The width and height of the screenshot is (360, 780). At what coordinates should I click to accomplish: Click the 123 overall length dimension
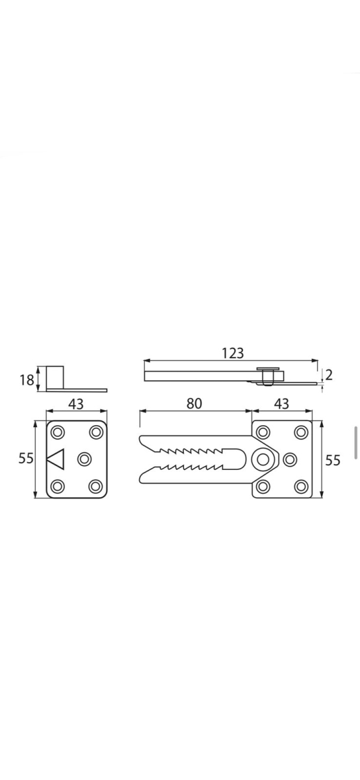pos(233,353)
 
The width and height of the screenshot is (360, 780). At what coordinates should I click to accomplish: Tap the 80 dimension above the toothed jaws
pos(194,404)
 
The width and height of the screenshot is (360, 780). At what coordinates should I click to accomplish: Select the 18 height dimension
pos(27,380)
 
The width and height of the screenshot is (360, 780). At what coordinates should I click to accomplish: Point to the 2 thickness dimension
pos(329,375)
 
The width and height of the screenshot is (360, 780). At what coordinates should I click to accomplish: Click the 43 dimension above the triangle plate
pos(76,404)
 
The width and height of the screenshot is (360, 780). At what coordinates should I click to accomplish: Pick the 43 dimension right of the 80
pos(281,404)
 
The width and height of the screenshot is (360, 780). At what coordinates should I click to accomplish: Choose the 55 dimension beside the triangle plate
pos(26,458)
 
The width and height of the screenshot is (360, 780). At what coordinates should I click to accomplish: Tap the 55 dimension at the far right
pos(332,460)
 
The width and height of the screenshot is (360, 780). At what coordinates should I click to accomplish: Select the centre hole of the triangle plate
pos(83,460)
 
